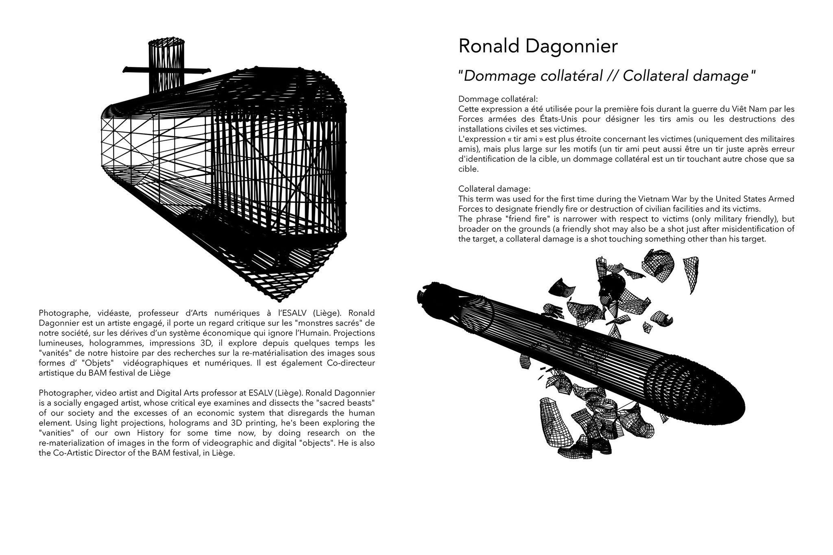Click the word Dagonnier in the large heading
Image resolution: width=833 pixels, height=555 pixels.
(571, 46)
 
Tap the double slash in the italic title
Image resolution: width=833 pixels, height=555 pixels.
(611, 76)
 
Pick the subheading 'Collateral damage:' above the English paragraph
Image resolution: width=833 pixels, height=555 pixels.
(494, 189)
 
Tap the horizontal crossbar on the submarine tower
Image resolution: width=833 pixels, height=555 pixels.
(167, 71)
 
